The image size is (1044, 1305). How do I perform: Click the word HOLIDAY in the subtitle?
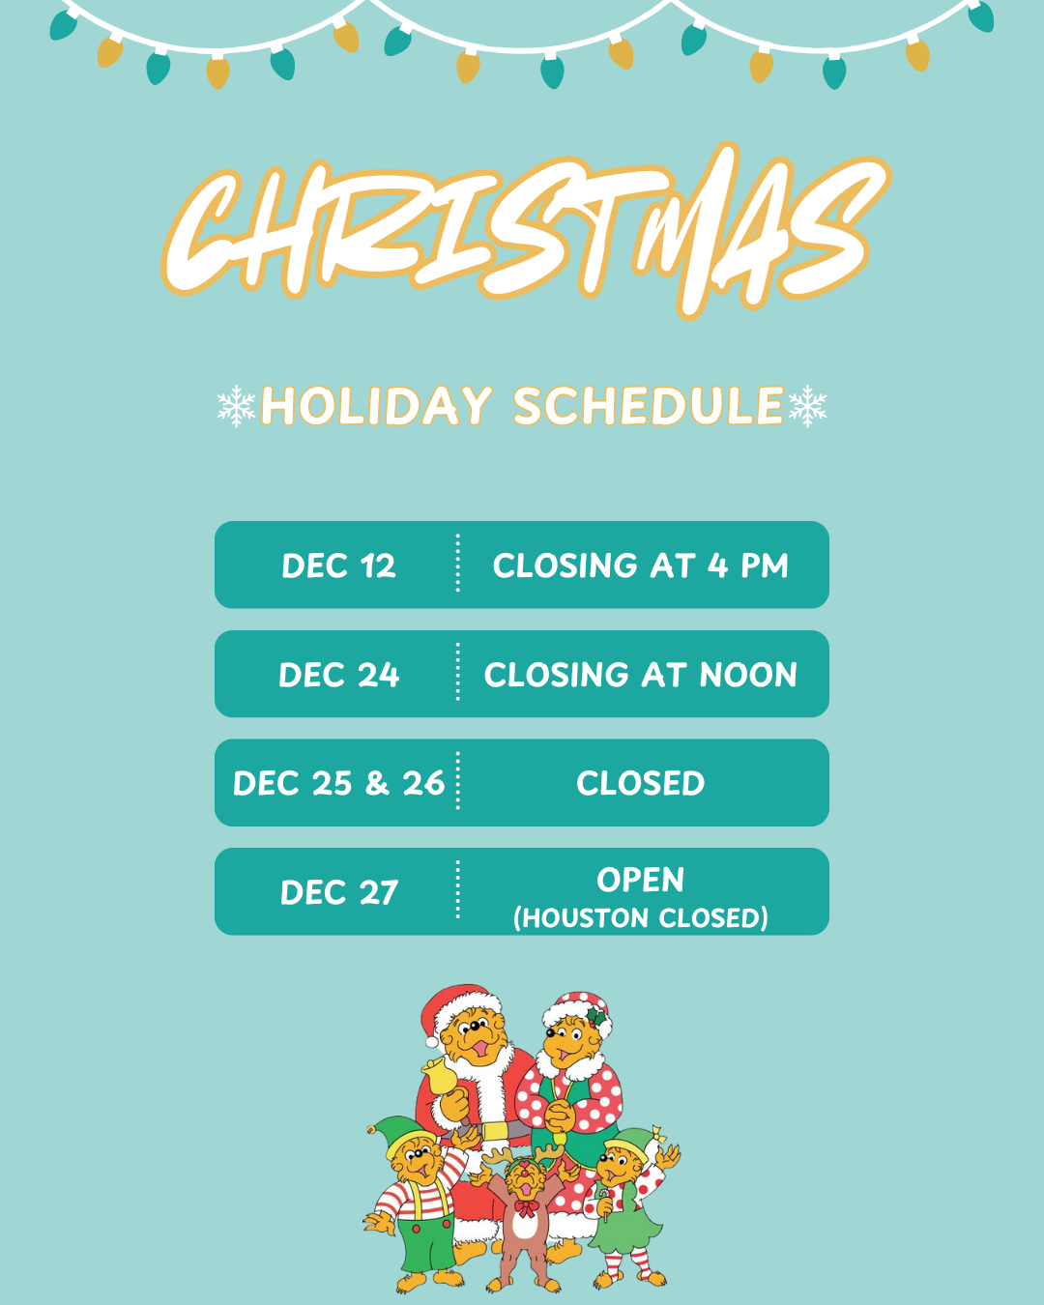click(376, 406)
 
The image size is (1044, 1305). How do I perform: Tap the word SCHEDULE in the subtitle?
click(648, 406)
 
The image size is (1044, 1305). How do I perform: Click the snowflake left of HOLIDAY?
click(236, 406)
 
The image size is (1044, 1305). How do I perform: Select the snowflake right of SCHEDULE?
click(807, 406)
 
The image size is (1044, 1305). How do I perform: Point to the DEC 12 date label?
click(338, 565)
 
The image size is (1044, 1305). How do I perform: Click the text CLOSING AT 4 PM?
click(640, 565)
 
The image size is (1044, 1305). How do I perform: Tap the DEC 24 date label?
click(338, 675)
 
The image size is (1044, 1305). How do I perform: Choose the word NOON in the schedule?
click(748, 675)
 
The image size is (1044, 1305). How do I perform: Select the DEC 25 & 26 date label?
click(338, 783)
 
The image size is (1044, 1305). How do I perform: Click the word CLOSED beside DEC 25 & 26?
click(640, 783)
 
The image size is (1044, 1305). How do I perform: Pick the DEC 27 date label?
click(338, 892)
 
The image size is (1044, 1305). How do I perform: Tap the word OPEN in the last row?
click(640, 880)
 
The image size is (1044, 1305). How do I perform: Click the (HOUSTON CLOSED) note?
click(640, 917)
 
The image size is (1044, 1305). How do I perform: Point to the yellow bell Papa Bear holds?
click(440, 1075)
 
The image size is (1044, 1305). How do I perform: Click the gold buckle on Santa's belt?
click(495, 1131)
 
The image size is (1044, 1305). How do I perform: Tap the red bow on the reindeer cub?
click(525, 1207)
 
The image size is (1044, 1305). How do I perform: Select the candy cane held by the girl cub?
click(604, 1203)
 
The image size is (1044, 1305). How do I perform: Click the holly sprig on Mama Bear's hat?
click(596, 1017)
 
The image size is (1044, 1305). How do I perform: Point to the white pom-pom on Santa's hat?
click(432, 1040)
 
